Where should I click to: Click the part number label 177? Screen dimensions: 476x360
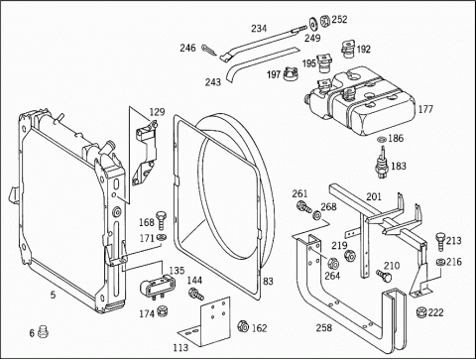point(425,109)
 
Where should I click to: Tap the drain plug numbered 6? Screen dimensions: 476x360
point(43,331)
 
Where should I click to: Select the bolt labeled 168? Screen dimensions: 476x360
point(162,219)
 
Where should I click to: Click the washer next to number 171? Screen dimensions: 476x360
point(162,237)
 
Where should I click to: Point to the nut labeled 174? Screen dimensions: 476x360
point(162,310)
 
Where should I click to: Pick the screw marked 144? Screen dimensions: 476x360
point(195,294)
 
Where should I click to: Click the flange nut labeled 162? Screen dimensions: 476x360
point(243,326)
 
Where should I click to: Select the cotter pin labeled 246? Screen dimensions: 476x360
point(209,51)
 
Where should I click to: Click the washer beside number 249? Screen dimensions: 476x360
point(312,23)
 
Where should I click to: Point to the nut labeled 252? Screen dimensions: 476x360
point(324,21)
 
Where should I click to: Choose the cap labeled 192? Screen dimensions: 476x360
point(348,49)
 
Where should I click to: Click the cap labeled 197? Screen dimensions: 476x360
point(292,73)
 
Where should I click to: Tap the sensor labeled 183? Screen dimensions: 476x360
point(383,163)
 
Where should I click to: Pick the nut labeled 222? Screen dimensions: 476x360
point(420,312)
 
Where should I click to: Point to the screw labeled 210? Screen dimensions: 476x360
point(384,276)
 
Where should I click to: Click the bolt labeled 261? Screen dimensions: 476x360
point(303,207)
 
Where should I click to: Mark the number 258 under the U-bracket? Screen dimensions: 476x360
point(324,327)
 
